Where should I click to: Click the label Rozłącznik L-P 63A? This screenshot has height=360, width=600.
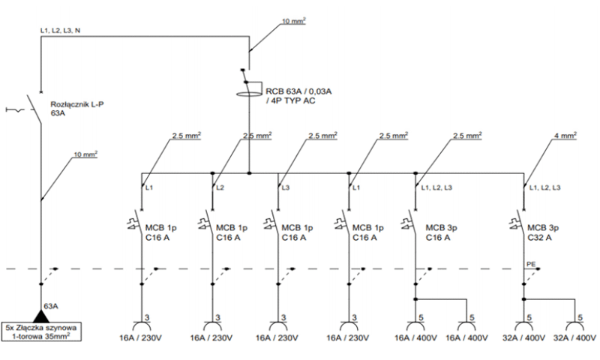pos(77,109)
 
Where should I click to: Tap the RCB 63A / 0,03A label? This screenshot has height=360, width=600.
pos(298,91)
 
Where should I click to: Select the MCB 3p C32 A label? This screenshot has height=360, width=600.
pos(542,232)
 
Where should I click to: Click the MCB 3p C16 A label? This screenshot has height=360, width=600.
pos(441,232)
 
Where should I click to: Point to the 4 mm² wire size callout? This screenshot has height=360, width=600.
pos(565,136)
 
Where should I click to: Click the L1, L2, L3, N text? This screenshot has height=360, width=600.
pos(61,30)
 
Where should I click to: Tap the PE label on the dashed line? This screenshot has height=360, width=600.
pos(531,264)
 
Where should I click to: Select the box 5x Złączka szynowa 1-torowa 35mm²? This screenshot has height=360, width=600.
pos(41,331)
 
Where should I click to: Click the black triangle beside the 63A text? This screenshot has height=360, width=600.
pos(40,316)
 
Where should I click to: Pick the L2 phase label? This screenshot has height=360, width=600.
pos(220,187)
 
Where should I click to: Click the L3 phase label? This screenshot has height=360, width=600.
pos(286,187)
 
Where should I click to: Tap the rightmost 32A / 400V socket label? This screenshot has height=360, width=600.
pos(574,337)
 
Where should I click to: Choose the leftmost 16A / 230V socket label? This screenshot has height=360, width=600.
pos(140,337)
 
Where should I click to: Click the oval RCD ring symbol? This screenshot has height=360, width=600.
pos(249,94)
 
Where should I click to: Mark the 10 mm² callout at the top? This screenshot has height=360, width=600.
pos(294,21)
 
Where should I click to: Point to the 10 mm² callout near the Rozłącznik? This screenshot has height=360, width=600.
pos(85,154)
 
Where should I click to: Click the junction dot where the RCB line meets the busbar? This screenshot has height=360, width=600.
pos(249,173)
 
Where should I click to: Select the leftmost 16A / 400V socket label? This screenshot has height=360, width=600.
pos(415,337)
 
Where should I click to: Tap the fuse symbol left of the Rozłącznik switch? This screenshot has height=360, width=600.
pos(15,110)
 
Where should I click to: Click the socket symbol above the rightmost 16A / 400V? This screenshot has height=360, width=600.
pos(466,326)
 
